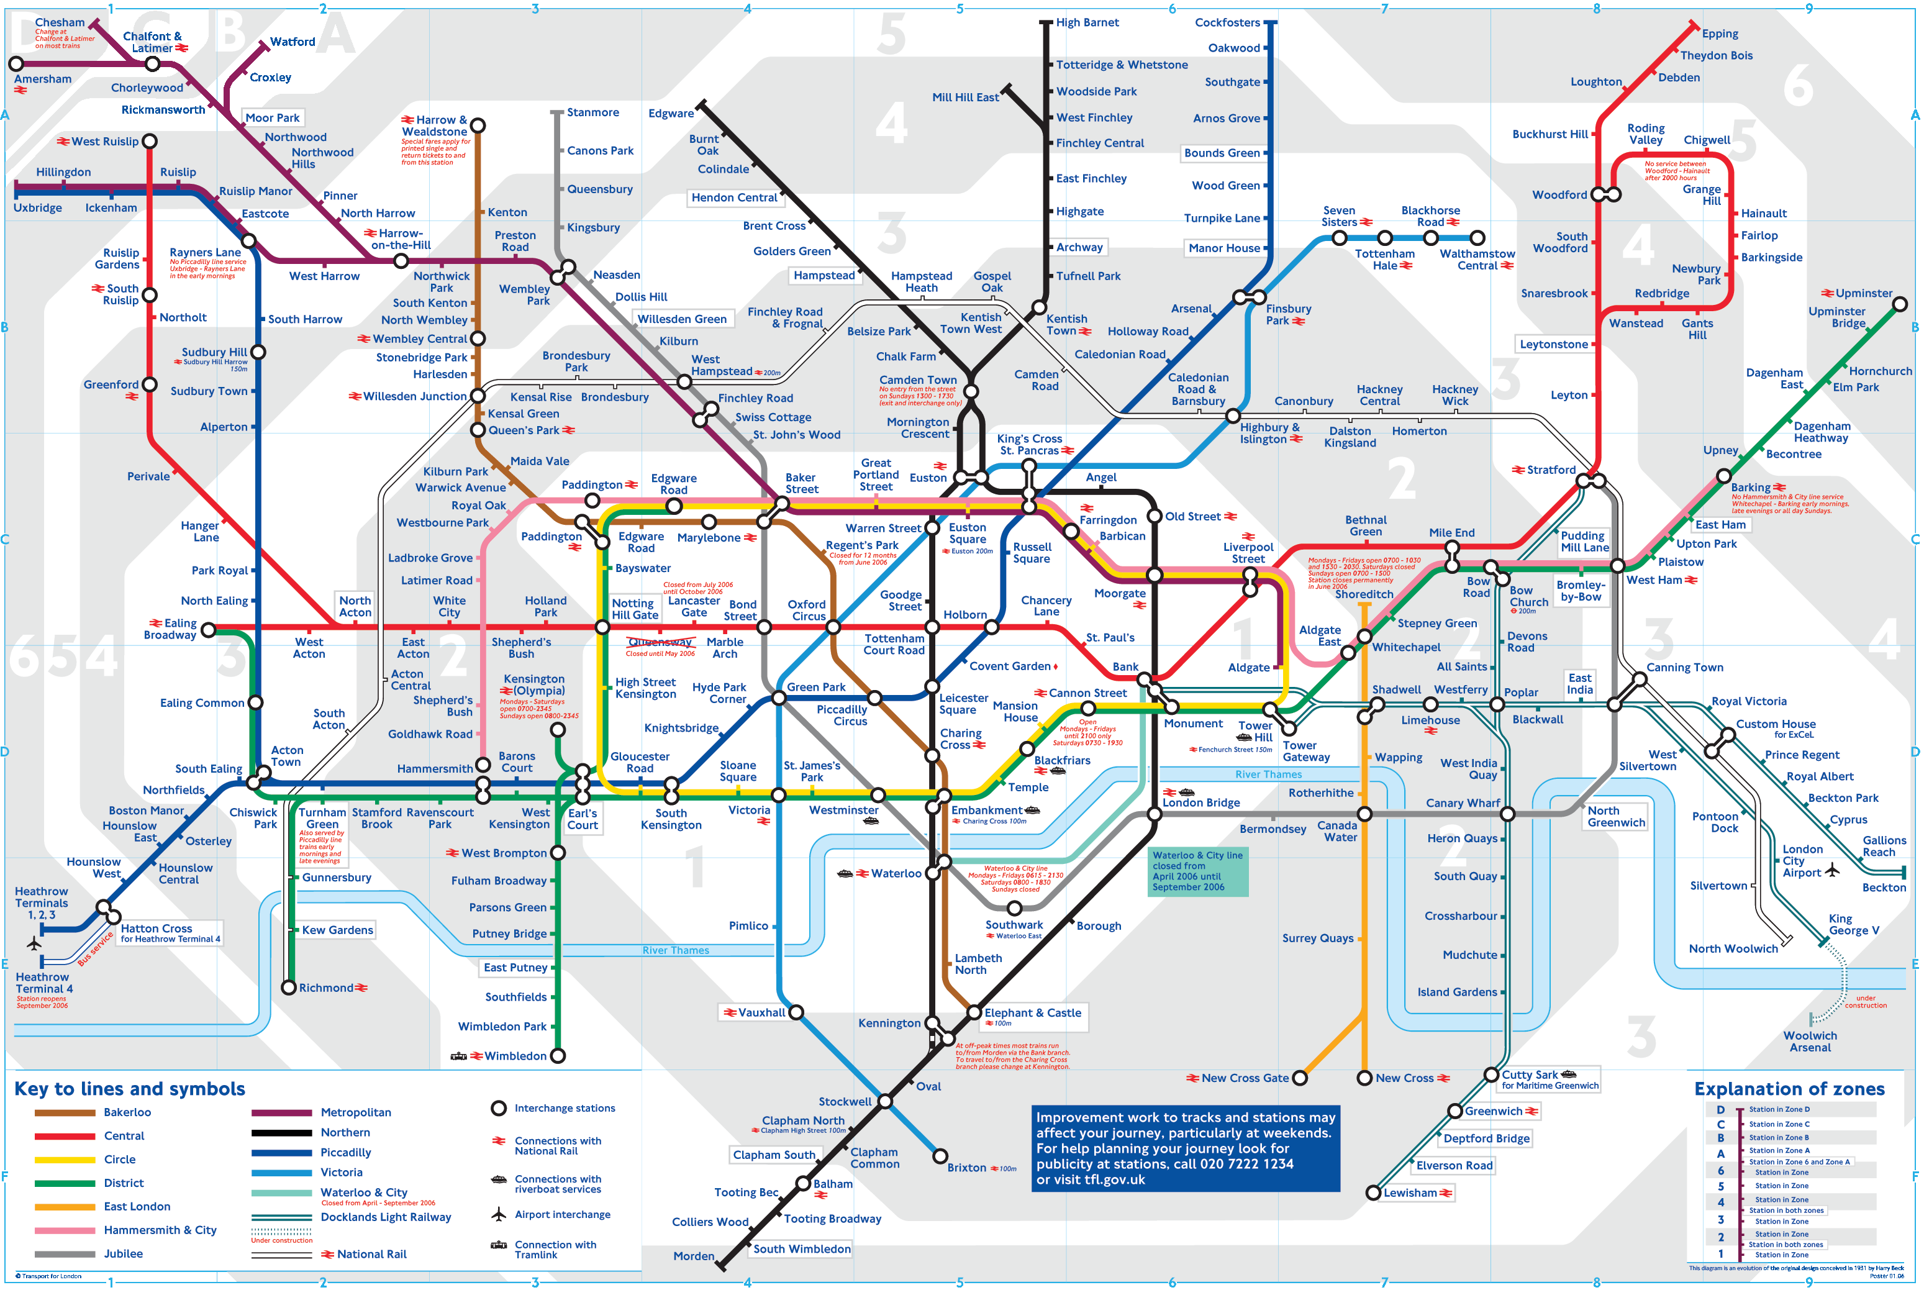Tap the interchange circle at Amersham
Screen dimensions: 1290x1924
click(16, 63)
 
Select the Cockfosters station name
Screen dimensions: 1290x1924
click(1227, 22)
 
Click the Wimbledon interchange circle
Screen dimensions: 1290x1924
click(558, 1055)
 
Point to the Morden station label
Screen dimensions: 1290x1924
click(694, 1255)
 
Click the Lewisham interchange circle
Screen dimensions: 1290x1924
click(1373, 1192)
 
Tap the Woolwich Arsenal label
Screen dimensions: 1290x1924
click(1810, 1042)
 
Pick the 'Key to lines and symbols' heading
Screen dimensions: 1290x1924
click(130, 1088)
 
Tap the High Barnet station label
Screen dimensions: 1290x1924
click(1087, 22)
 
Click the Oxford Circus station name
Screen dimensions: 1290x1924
click(807, 610)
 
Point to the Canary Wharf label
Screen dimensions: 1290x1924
click(1463, 803)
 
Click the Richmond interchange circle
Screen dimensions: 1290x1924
click(289, 988)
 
